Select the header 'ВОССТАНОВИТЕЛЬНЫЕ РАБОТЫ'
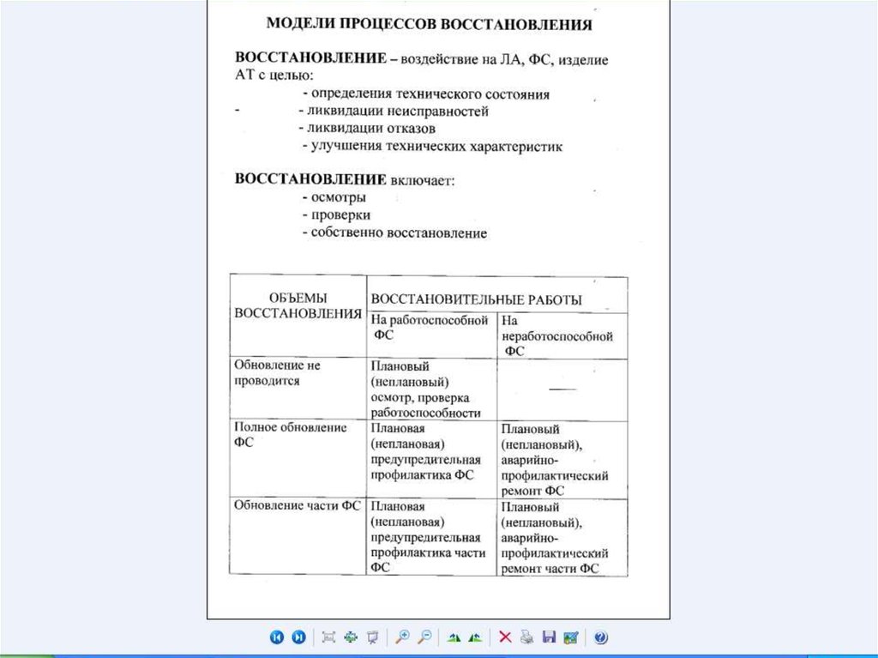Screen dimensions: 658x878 click(476, 299)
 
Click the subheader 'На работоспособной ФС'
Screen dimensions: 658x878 click(430, 327)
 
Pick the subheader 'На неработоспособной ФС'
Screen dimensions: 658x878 click(557, 335)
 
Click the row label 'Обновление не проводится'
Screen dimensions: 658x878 click(277, 372)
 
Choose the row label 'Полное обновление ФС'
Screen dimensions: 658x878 click(290, 434)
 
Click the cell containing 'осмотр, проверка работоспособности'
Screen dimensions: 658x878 click(425, 389)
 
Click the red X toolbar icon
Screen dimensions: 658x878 click(505, 637)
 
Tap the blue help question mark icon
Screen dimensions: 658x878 click(600, 637)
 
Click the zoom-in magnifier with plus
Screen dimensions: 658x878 click(401, 637)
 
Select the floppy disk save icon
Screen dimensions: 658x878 click(549, 637)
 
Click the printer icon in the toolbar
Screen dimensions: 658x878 click(526, 637)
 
